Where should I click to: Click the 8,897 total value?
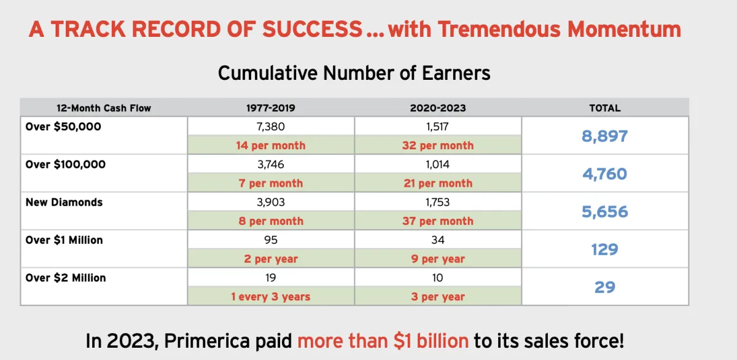[x=605, y=136]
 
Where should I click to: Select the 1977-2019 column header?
[x=271, y=108]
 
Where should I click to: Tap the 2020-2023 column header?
[x=438, y=108]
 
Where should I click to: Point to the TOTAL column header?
[x=605, y=108]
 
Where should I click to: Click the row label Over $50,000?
[x=63, y=127]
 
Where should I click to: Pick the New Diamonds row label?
[x=64, y=202]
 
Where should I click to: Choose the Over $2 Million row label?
[x=66, y=278]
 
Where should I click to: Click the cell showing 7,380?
[x=271, y=127]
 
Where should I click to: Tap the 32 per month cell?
[x=438, y=146]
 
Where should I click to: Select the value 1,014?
[x=438, y=164]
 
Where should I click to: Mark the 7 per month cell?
[x=271, y=183]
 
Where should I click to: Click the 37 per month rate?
[x=438, y=221]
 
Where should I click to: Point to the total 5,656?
[x=605, y=211]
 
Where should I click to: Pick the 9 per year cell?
[x=438, y=259]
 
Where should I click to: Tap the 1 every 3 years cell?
[x=271, y=297]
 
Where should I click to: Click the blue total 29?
[x=605, y=288]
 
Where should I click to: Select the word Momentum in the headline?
[x=624, y=29]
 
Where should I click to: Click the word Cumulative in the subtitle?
[x=268, y=73]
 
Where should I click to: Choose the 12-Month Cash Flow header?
[x=104, y=108]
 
